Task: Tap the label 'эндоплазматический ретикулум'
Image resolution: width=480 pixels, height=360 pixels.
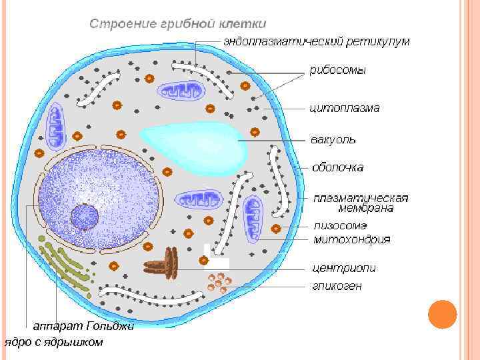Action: pyautogui.click(x=316, y=41)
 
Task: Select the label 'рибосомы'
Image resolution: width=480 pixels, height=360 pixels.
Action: pyautogui.click(x=337, y=70)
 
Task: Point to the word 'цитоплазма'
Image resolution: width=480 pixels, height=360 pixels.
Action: pyautogui.click(x=344, y=107)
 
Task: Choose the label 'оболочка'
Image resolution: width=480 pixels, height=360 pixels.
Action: pyautogui.click(x=338, y=167)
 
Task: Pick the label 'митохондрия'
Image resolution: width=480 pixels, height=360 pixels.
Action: pyautogui.click(x=352, y=239)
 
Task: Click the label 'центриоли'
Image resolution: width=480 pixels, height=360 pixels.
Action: pyautogui.click(x=344, y=268)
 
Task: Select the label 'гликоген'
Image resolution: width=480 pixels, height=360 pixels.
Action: pyautogui.click(x=337, y=286)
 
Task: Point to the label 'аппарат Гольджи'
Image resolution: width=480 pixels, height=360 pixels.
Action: pyautogui.click(x=84, y=326)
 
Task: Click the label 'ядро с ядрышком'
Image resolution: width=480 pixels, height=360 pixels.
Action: pyautogui.click(x=54, y=342)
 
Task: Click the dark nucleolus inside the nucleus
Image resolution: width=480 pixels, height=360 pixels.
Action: pyautogui.click(x=85, y=217)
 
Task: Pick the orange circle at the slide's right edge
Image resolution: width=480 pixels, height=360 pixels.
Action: pyautogui.click(x=441, y=314)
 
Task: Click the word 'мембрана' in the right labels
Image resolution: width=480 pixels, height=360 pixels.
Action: pyautogui.click(x=365, y=208)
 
